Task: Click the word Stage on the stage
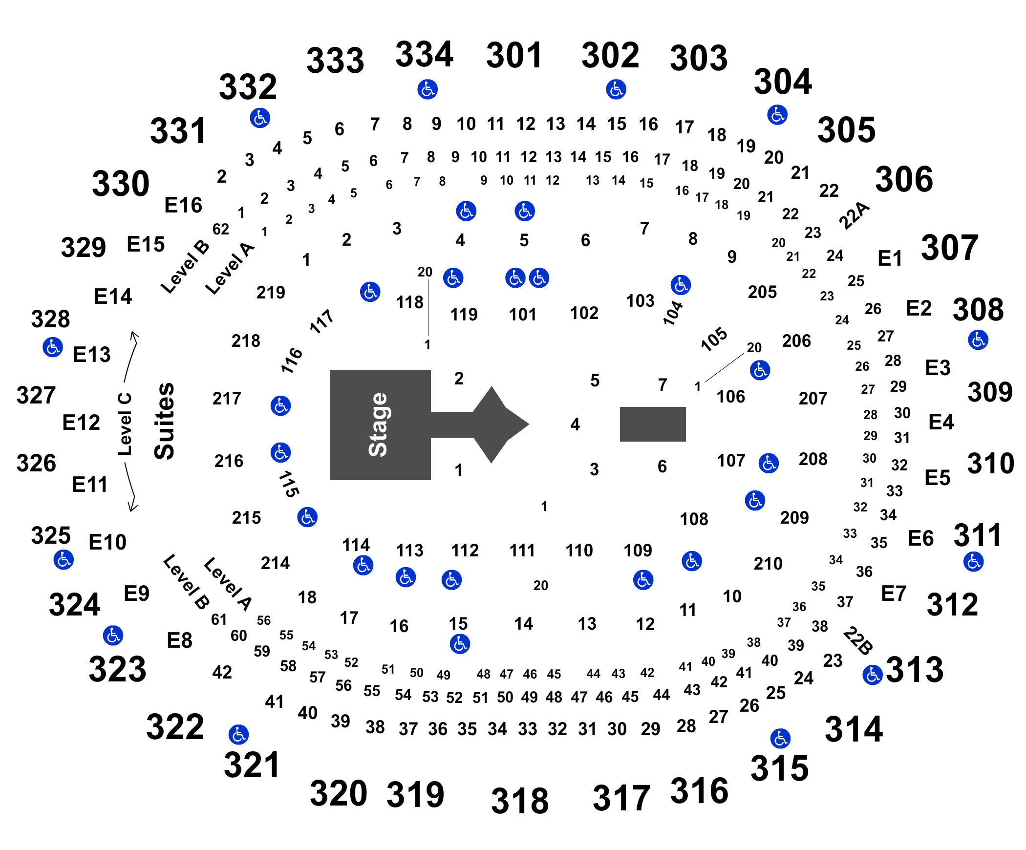378,425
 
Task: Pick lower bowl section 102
584,313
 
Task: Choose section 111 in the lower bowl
522,551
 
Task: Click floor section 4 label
575,424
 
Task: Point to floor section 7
663,384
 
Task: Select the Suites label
164,421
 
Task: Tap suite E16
183,205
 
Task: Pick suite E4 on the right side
941,421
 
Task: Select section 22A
855,215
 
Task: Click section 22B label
858,640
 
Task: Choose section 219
271,292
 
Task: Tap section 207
813,398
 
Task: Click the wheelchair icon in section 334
427,89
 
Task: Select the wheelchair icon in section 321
238,734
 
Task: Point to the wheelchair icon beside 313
873,675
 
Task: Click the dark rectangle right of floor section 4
653,424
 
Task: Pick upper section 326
36,463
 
